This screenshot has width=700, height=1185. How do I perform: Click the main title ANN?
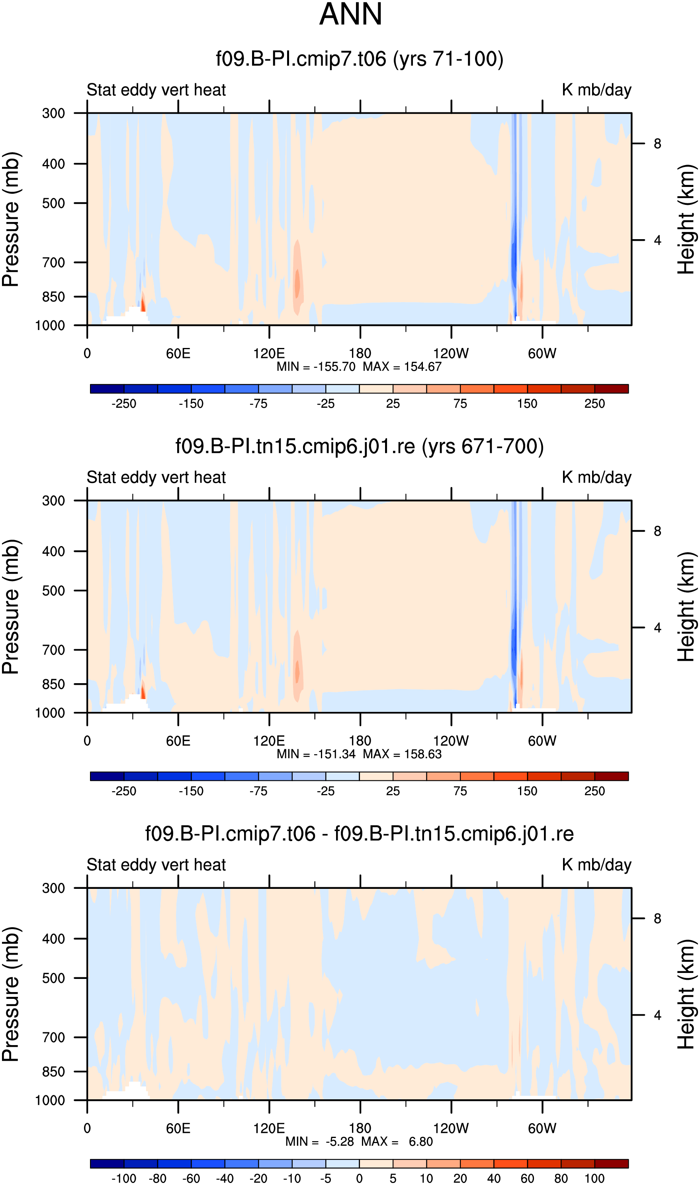pyautogui.click(x=350, y=14)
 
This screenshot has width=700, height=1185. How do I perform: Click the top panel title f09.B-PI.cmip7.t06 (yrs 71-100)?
pyautogui.click(x=360, y=59)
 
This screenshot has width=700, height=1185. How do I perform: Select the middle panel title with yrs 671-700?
pyautogui.click(x=360, y=446)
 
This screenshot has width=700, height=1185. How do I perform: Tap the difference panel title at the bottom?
pyautogui.click(x=360, y=833)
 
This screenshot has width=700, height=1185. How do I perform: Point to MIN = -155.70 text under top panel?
pyautogui.click(x=316, y=367)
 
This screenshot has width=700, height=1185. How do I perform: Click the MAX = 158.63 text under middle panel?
pyautogui.click(x=402, y=754)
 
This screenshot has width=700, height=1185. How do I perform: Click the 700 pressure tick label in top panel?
pyautogui.click(x=54, y=263)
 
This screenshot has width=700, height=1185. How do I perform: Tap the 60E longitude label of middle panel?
pyautogui.click(x=178, y=741)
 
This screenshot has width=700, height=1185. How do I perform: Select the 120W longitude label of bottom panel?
pyautogui.click(x=451, y=1128)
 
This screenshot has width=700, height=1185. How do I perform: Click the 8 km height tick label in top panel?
pyautogui.click(x=657, y=143)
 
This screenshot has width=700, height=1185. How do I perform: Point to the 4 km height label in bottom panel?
pyautogui.click(x=657, y=1015)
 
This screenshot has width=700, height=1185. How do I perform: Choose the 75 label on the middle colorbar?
pyautogui.click(x=460, y=791)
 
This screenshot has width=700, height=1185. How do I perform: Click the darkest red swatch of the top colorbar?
pyautogui.click(x=611, y=389)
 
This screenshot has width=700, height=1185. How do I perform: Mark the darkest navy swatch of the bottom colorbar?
pyautogui.click(x=107, y=1164)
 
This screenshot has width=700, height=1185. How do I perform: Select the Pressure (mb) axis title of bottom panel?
pyautogui.click(x=10, y=994)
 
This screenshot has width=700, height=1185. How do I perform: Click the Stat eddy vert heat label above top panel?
pyautogui.click(x=156, y=90)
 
